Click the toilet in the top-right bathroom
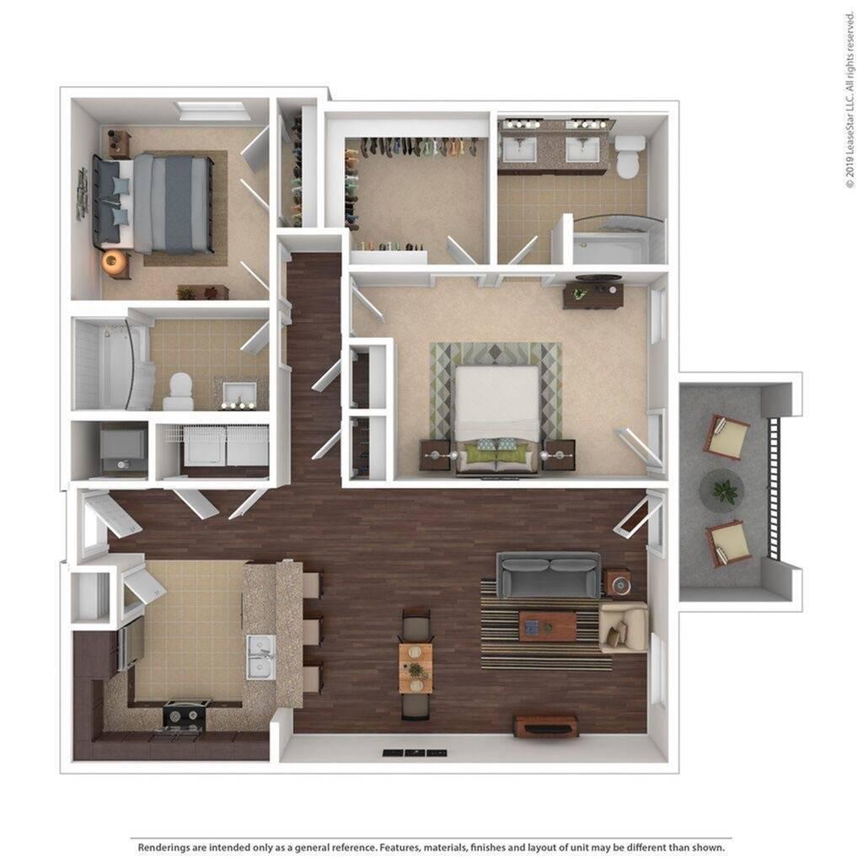coord(628,157)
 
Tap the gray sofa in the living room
coord(548,574)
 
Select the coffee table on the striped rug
coord(547,625)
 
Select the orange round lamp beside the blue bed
coord(112,262)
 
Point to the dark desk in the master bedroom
coord(592,295)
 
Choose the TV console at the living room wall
coord(546,725)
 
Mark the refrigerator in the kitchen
coord(130,646)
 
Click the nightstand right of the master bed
coord(558,454)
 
